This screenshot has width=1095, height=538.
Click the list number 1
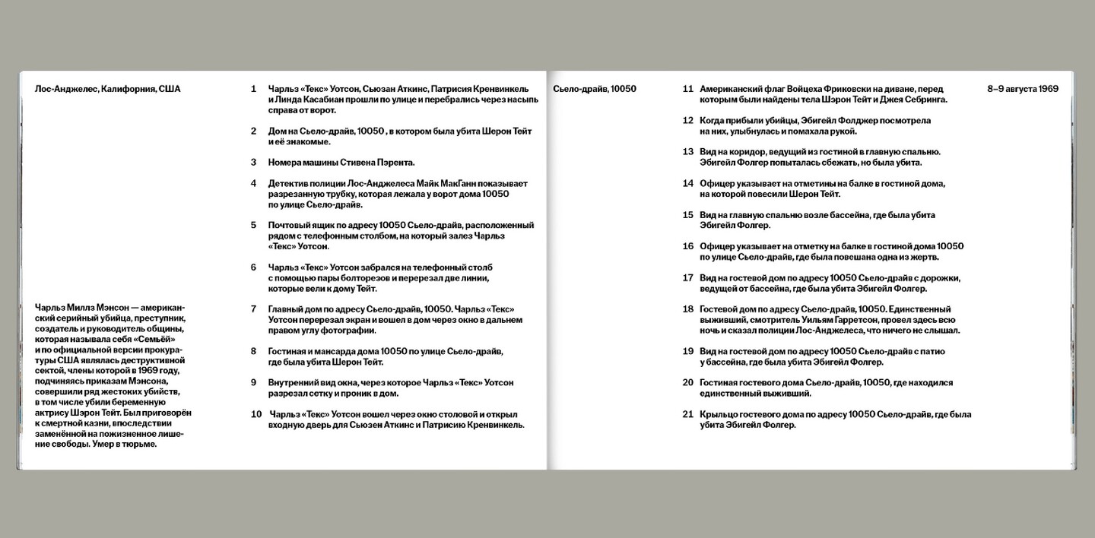coord(254,89)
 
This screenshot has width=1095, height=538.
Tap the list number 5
coord(254,225)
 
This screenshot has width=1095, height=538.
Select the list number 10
coord(256,414)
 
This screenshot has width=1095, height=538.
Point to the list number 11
coord(688,89)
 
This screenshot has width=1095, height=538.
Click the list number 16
coord(688,246)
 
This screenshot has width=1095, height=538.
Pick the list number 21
coord(688,414)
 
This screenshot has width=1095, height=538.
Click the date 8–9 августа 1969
coord(1022,89)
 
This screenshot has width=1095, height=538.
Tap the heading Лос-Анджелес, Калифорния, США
coord(107,89)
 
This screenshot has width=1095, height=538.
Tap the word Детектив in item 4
coord(290,183)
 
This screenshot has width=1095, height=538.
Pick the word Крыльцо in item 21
coord(720,414)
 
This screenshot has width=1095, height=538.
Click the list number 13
coord(688,152)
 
